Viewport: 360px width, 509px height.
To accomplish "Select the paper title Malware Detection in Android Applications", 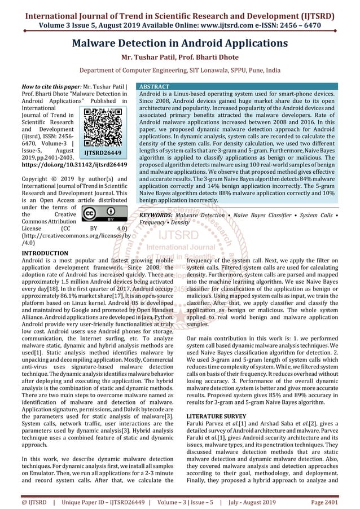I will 179,43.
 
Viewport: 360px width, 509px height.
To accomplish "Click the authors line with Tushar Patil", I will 179,57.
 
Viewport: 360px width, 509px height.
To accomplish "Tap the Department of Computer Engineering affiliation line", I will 179,71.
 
